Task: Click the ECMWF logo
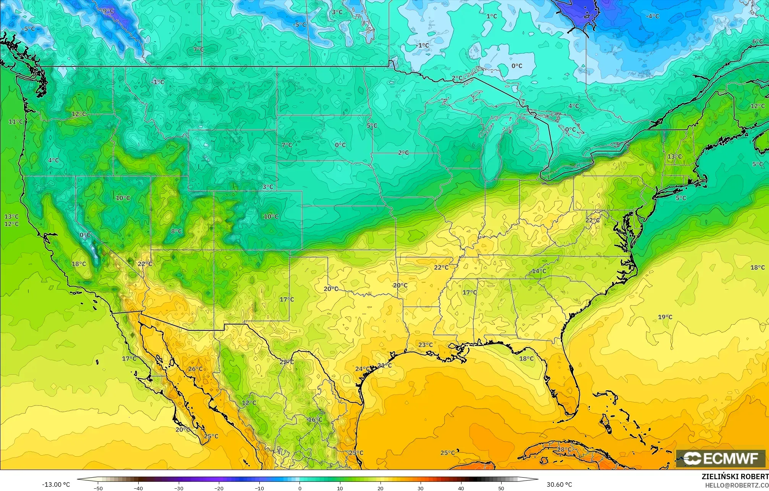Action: click(x=720, y=458)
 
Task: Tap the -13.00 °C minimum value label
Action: click(x=56, y=485)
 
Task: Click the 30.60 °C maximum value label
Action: click(x=559, y=485)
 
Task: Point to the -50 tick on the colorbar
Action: click(x=98, y=488)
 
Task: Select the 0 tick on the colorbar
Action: click(x=300, y=488)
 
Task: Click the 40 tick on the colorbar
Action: click(x=461, y=488)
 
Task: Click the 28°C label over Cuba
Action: click(x=564, y=449)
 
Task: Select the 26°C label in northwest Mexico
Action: click(x=195, y=369)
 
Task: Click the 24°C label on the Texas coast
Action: click(x=362, y=369)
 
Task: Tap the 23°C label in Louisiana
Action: click(x=425, y=345)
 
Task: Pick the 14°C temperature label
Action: click(x=539, y=271)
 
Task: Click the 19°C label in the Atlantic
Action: click(x=665, y=317)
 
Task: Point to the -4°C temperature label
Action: click(x=652, y=16)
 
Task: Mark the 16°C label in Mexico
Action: click(x=315, y=420)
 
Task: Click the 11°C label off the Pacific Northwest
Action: click(x=16, y=122)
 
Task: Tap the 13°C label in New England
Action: click(x=675, y=156)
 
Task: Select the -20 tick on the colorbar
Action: click(x=219, y=488)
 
